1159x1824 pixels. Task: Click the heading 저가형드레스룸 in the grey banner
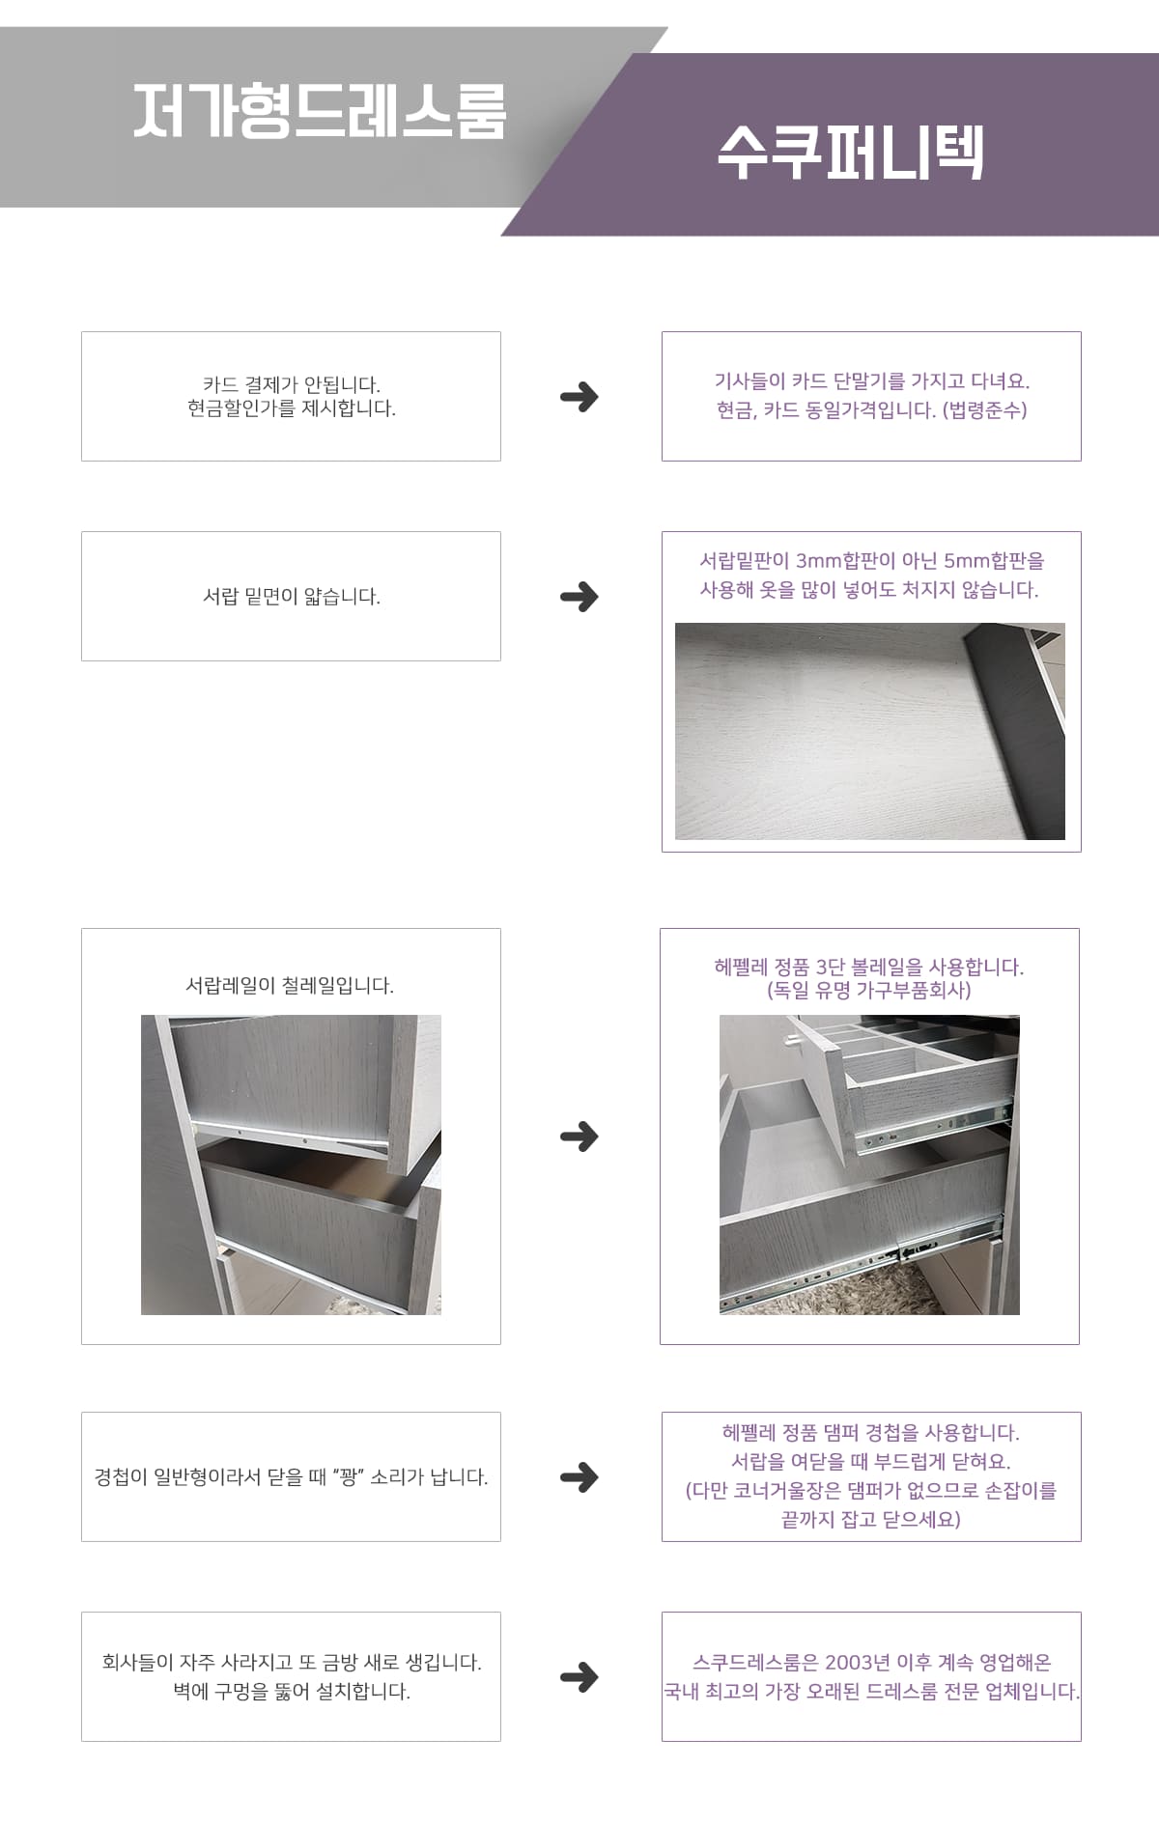coord(319,111)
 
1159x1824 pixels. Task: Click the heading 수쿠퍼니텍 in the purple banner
coord(850,153)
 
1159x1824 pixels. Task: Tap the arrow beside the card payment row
coord(579,396)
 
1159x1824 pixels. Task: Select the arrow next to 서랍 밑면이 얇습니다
coord(579,596)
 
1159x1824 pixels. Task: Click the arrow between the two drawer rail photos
coord(579,1136)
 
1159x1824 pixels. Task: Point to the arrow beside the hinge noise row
coord(579,1476)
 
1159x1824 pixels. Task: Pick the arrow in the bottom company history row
coord(579,1676)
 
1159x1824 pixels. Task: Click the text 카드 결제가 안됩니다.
coord(292,384)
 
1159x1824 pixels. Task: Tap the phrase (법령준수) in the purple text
coord(984,409)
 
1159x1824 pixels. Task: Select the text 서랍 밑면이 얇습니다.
coord(292,596)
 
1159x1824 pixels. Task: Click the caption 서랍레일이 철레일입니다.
coord(290,985)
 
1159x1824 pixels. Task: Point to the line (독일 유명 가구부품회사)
coord(869,990)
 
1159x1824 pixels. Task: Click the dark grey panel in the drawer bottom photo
coord(1014,734)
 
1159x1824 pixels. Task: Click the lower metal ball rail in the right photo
coord(860,1265)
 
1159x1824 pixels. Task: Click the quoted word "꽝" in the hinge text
coord(349,1476)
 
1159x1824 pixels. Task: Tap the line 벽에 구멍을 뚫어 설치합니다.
coord(292,1691)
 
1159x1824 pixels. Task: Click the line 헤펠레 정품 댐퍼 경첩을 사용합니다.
coord(871,1432)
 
